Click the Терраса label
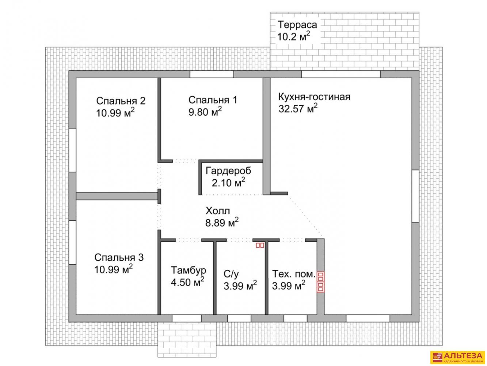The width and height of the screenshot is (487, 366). [x=297, y=25]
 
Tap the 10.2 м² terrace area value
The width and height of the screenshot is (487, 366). [x=293, y=37]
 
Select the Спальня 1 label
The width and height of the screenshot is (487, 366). [x=213, y=100]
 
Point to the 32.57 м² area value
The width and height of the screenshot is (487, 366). [x=298, y=108]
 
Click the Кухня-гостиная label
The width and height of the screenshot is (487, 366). [x=315, y=97]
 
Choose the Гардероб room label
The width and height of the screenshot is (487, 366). [x=228, y=171]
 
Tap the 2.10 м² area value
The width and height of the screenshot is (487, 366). [x=229, y=183]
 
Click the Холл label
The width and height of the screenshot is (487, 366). [x=218, y=211]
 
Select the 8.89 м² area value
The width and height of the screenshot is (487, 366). [x=222, y=223]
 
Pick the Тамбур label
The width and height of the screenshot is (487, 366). [x=189, y=270]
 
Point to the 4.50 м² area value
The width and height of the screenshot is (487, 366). [x=188, y=282]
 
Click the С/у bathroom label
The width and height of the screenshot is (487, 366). [x=231, y=274]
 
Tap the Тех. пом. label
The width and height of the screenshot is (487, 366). [x=294, y=274]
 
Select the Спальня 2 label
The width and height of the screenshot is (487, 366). [x=121, y=101]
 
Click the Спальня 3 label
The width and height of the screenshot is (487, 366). [x=119, y=258]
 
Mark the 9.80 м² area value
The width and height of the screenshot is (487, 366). [x=205, y=112]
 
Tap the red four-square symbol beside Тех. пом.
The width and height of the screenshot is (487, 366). [x=320, y=282]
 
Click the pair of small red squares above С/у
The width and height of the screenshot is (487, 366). [x=260, y=245]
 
